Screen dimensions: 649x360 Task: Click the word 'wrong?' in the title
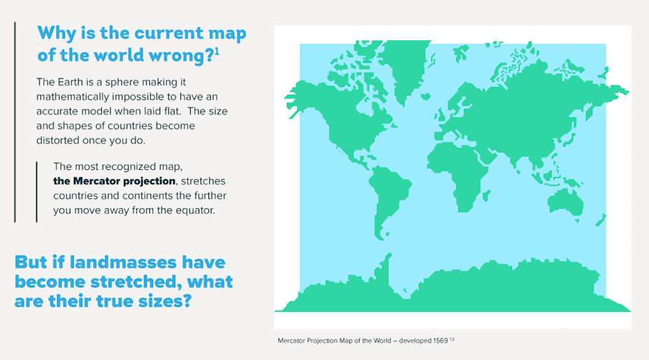181,55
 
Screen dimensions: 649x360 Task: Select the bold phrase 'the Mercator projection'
114,181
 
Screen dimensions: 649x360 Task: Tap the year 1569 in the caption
441,341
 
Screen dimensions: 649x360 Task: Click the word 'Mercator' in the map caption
292,341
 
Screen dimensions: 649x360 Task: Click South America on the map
387,198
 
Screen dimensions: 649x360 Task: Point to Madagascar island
486,195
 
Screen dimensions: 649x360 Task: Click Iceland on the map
426,97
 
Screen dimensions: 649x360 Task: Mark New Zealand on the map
600,220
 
